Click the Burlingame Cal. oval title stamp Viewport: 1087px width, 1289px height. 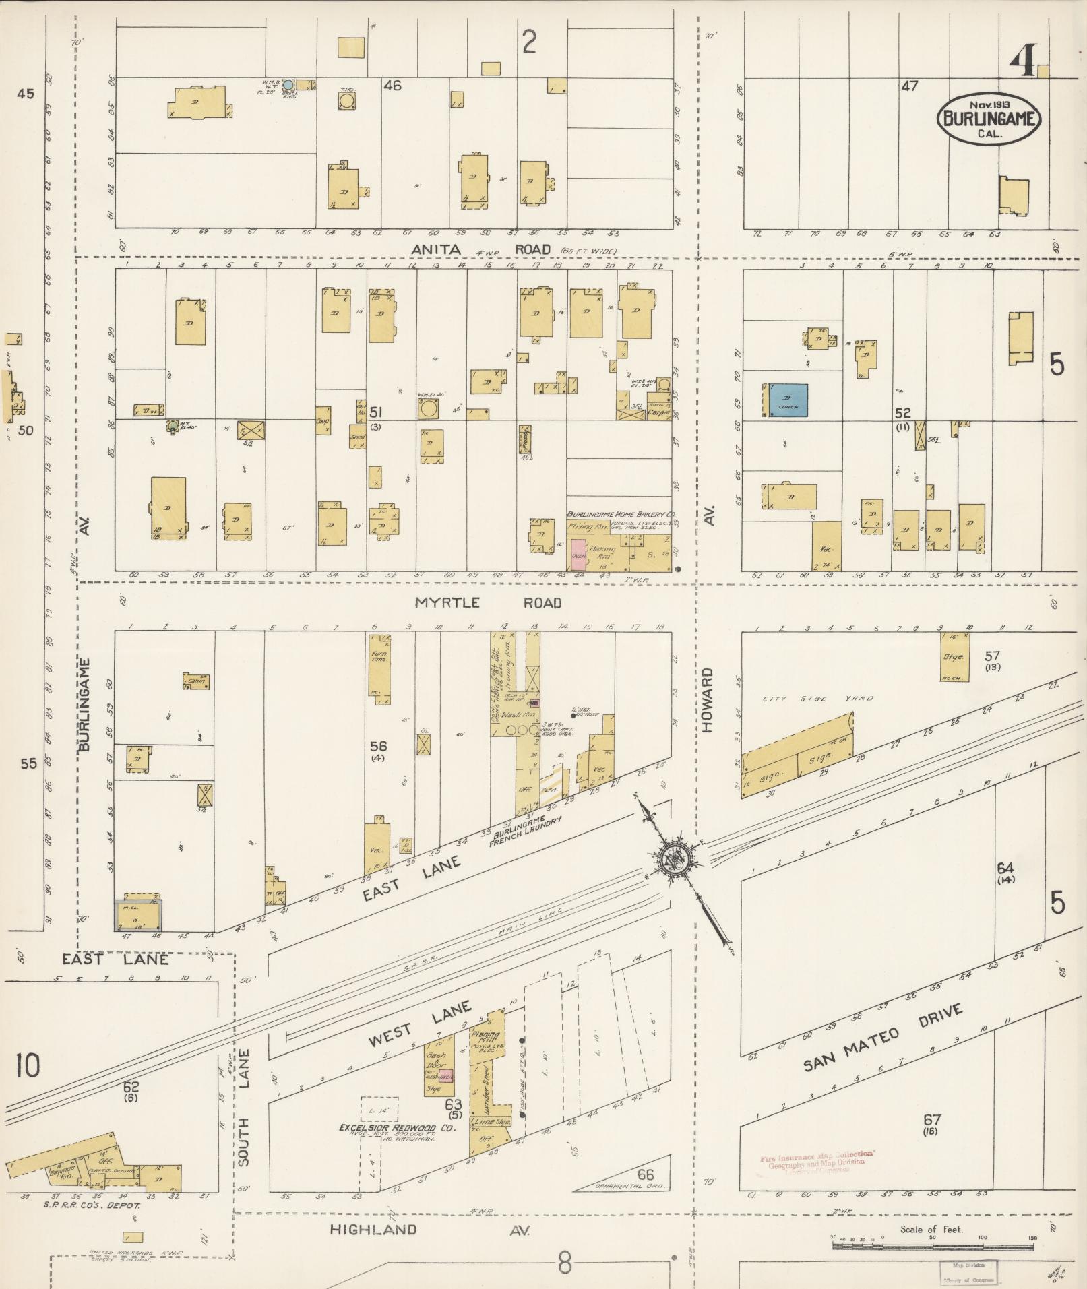point(989,119)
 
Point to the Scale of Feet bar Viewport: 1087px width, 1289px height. point(932,1246)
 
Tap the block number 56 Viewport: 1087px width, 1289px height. point(379,747)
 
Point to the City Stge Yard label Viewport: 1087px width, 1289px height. point(817,698)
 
